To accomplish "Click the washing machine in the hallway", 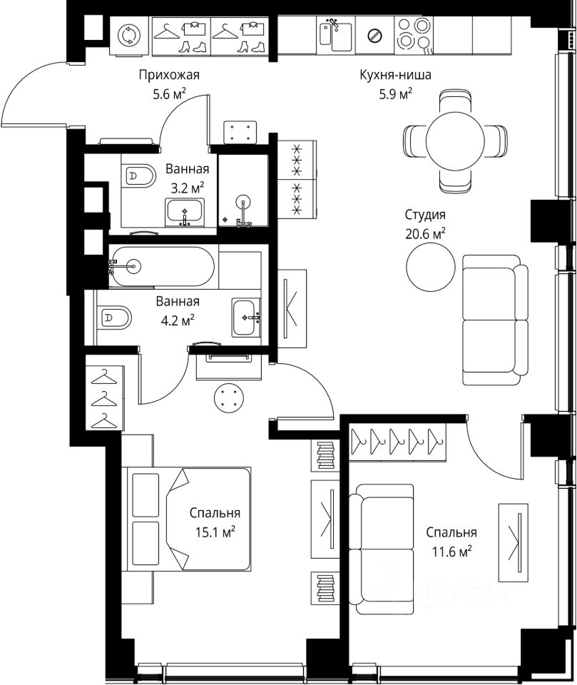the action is pos(130,36).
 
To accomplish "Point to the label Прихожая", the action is pos(169,75).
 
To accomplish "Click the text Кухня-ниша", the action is pos(395,75).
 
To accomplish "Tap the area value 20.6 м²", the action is pos(425,234).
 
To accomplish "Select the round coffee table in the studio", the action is pos(431,266).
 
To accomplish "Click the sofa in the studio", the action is pos(495,320).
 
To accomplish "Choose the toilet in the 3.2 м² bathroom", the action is pos(138,176).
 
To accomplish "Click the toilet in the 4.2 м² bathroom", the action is pos(113,318).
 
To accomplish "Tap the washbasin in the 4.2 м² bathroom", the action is pos(246,318).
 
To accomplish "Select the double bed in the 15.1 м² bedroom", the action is pos(189,519).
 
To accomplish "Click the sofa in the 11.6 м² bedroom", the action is pos(382,549).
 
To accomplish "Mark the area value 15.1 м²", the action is pos(215,532).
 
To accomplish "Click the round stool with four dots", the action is pos(229,397).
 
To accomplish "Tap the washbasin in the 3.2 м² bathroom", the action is pos(185,213).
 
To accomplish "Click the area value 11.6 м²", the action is pos(452,552).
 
